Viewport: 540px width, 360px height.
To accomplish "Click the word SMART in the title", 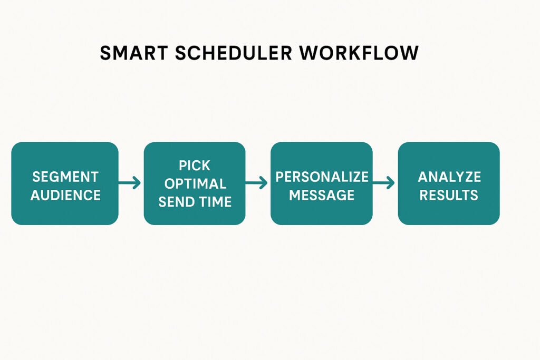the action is pos(133,53).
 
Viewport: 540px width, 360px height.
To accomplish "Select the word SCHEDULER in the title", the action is pos(234,53).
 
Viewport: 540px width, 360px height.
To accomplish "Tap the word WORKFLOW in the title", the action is pos(359,53).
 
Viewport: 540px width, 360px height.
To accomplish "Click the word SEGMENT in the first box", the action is pos(65,177).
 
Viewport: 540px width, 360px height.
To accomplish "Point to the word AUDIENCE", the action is pos(65,195).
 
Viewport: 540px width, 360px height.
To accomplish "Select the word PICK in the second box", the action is pos(194,166).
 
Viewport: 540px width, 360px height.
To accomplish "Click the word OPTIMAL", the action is pos(195,184).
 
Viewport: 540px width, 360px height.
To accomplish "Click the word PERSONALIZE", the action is pos(322,177).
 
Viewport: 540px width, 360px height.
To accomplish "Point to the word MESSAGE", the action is pos(322,195).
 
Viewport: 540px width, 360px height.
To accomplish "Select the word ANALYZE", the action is pos(449,177).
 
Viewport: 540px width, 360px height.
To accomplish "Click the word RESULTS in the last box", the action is pos(449,195).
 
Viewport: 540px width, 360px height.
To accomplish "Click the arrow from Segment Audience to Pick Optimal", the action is pos(130,182).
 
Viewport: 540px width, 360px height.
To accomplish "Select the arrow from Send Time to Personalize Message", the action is pos(257,182).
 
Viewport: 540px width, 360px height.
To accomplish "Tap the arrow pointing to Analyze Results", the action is pos(384,182).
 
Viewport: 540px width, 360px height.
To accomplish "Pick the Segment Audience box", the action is pos(65,183).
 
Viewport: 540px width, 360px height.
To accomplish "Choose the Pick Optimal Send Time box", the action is pos(195,183).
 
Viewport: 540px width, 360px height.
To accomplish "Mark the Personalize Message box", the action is pos(322,183).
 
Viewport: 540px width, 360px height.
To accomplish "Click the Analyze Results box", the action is pos(449,183).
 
